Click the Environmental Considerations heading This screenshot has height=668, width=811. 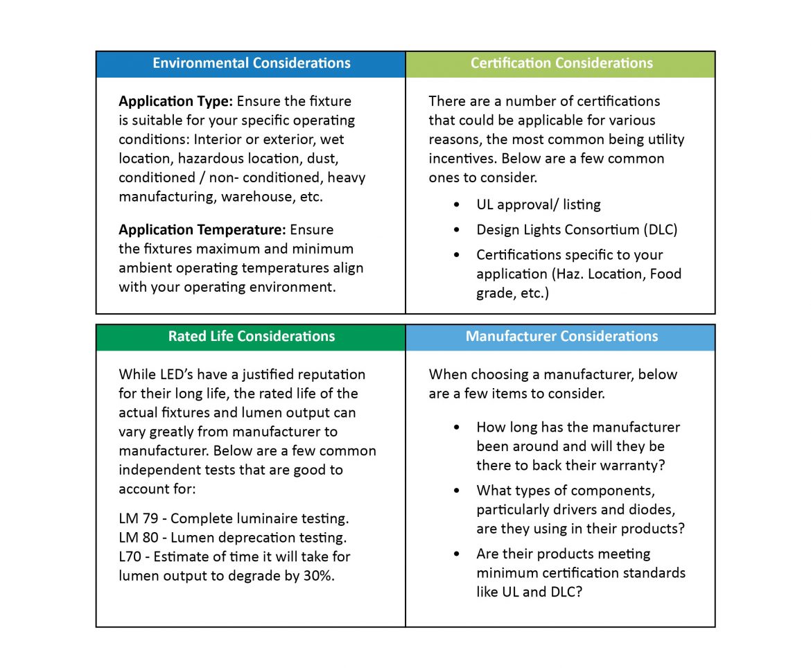coord(251,63)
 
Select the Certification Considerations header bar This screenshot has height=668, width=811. coord(561,63)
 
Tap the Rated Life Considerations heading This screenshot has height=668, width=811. coord(251,337)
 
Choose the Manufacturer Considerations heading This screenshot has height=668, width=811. coord(561,337)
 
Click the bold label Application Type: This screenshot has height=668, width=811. coord(175,101)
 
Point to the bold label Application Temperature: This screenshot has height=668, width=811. coord(202,229)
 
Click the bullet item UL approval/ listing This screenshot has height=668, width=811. coord(538,204)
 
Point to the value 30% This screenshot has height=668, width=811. coord(319,576)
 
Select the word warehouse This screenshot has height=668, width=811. coord(254,197)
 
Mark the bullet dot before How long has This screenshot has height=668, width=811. coord(456,428)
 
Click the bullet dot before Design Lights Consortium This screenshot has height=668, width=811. coord(456,229)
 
